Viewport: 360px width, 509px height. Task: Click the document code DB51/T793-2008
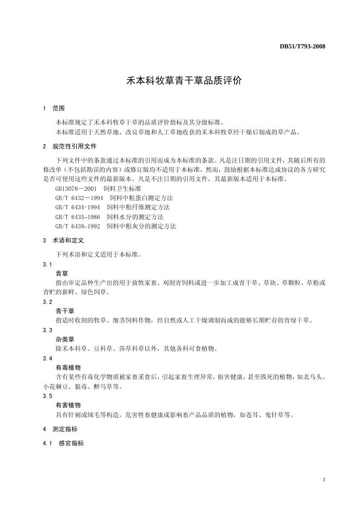click(302, 46)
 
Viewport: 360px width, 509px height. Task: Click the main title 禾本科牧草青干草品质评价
click(179, 80)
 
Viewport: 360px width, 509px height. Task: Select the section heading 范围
click(58, 109)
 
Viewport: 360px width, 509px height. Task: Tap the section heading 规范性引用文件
click(75, 146)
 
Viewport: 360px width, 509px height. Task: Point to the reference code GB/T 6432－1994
click(79, 197)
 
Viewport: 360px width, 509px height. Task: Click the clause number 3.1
click(47, 264)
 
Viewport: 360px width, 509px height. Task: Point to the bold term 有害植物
click(68, 405)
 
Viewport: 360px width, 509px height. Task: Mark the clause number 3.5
click(47, 396)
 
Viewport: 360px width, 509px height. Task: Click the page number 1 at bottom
click(324, 480)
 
